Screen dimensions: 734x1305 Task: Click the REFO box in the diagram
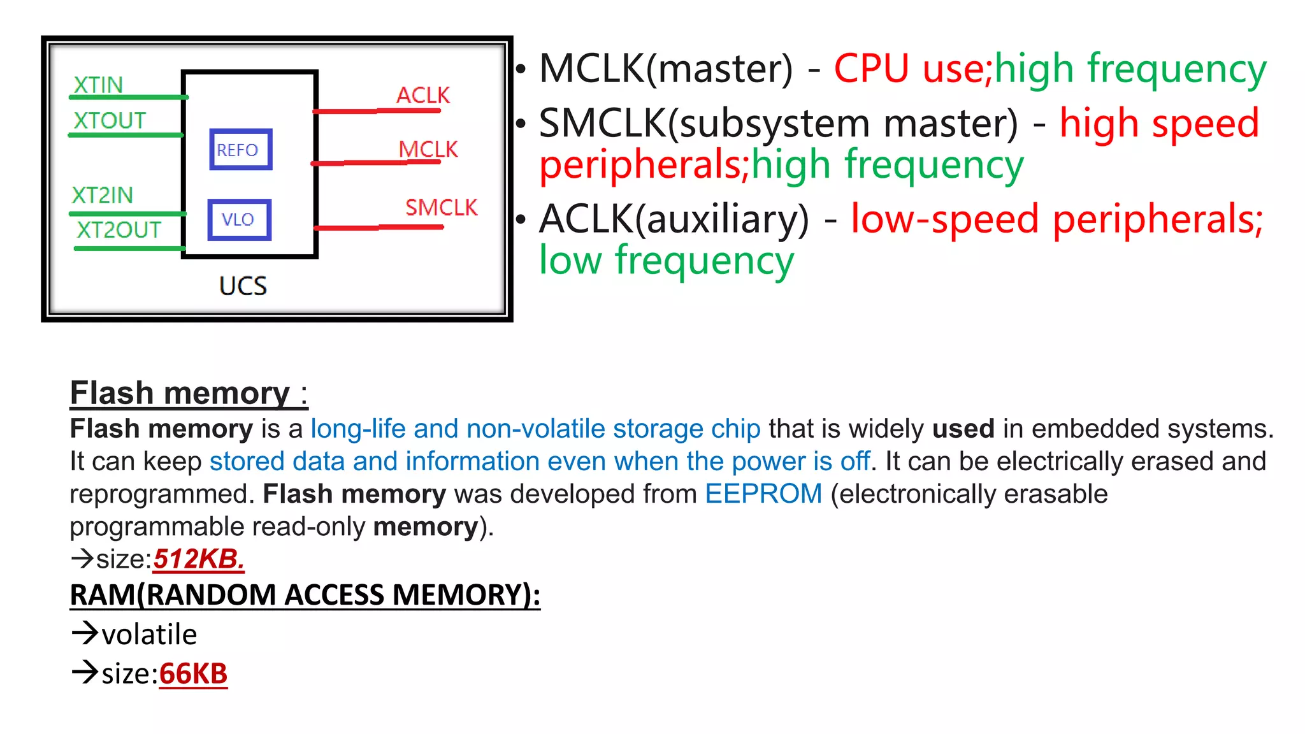pyautogui.click(x=240, y=150)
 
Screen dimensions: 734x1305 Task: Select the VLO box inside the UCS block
pyautogui.click(x=239, y=220)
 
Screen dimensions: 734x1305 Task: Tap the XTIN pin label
pyautogui.click(x=97, y=85)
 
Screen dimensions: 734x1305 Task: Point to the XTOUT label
pyautogui.click(x=109, y=120)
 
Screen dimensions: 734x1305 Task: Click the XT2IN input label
pyautogui.click(x=102, y=195)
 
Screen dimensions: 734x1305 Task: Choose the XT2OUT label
pyautogui.click(x=119, y=230)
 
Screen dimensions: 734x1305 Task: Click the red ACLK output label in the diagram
pyautogui.click(x=422, y=96)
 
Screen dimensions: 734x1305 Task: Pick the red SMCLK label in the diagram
pyautogui.click(x=441, y=208)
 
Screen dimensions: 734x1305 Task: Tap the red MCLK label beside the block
pyautogui.click(x=428, y=150)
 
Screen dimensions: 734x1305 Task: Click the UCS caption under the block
pyautogui.click(x=243, y=286)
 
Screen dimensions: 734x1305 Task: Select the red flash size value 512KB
pyautogui.click(x=198, y=559)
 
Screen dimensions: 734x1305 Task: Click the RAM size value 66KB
pyautogui.click(x=193, y=674)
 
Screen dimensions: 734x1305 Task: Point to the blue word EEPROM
pyautogui.click(x=763, y=494)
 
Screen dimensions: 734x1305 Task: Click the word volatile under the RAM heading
pyautogui.click(x=149, y=635)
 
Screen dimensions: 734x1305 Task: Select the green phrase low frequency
pyautogui.click(x=667, y=261)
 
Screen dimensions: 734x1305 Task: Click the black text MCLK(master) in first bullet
pyautogui.click(x=666, y=69)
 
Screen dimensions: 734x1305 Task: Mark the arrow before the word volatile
pyautogui.click(x=84, y=633)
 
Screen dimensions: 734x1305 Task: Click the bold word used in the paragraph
pyautogui.click(x=963, y=429)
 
